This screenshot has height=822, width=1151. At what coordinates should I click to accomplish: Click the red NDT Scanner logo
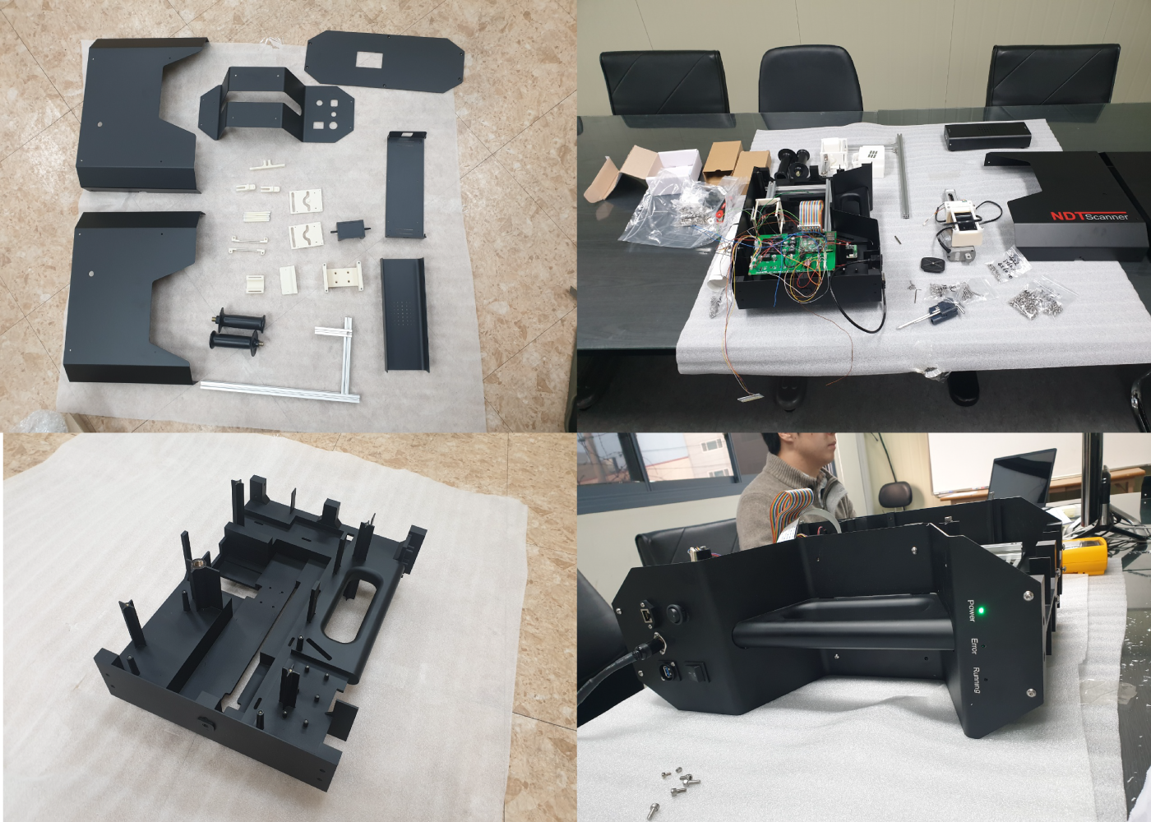(1089, 215)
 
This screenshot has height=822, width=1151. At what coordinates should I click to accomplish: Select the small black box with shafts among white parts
(350, 229)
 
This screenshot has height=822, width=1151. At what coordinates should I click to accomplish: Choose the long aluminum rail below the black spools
(280, 390)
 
